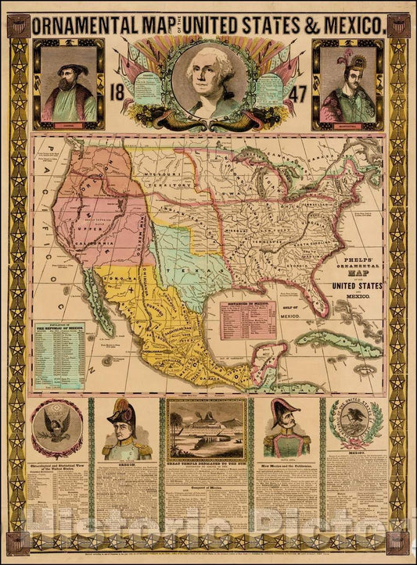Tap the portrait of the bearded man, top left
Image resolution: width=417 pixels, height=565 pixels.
pyautogui.click(x=70, y=84)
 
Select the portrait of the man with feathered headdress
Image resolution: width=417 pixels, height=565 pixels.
pyautogui.click(x=347, y=84)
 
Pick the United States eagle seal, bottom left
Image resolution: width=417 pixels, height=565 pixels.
pyautogui.click(x=56, y=428)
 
